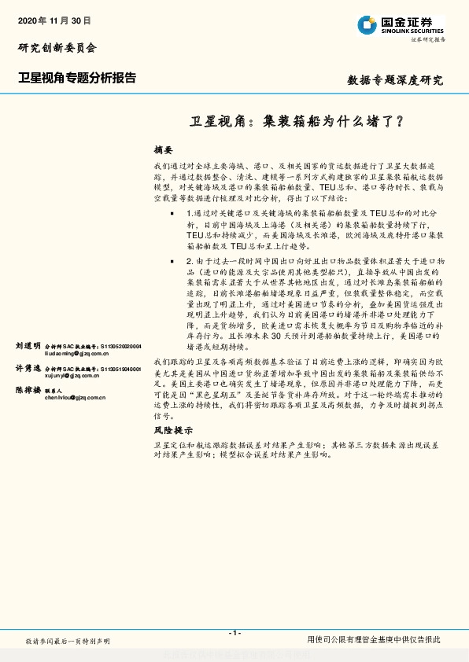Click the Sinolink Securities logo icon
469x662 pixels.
click(367, 25)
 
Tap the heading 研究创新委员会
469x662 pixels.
click(57, 48)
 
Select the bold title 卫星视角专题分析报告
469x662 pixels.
click(77, 78)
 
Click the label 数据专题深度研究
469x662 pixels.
click(395, 80)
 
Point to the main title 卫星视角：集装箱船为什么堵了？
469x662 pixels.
click(297, 122)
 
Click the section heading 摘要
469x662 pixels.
click(163, 149)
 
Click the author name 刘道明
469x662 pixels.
click(28, 346)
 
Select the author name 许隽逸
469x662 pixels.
click(28, 368)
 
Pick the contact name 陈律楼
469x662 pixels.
click(28, 390)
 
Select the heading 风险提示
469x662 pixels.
click(173, 430)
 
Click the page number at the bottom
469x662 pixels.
click(234, 632)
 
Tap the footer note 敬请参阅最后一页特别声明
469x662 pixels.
click(68, 642)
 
